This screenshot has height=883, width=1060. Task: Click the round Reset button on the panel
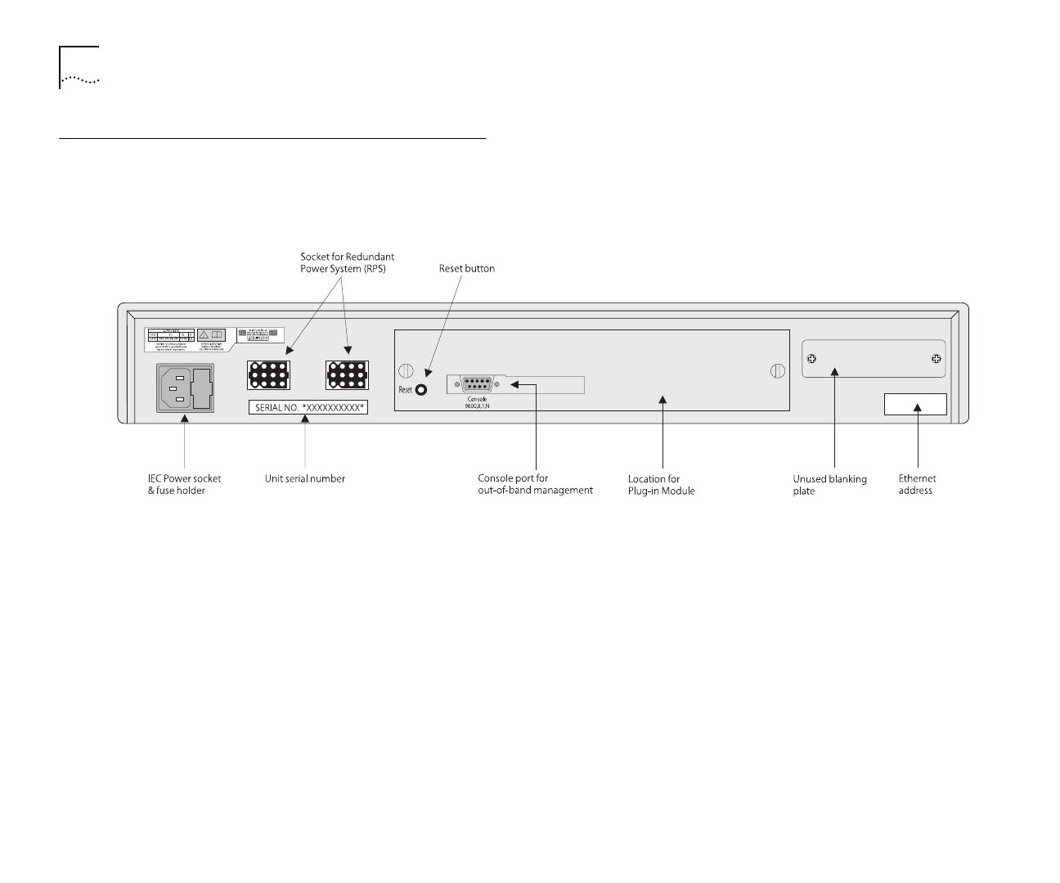click(422, 390)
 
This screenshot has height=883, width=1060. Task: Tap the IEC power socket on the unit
click(185, 388)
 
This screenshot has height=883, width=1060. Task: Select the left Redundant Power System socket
click(267, 374)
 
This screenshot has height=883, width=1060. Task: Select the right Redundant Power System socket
click(347, 374)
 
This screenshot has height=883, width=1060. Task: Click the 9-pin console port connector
click(476, 383)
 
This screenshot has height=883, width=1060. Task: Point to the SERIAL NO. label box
click(308, 406)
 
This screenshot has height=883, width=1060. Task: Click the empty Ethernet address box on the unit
click(915, 404)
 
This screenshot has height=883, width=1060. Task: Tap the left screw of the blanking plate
click(813, 359)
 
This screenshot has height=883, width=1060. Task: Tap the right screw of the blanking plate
click(936, 359)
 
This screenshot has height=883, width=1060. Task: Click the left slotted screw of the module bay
click(405, 371)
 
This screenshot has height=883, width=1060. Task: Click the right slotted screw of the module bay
click(778, 371)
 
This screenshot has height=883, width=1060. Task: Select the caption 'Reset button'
click(467, 268)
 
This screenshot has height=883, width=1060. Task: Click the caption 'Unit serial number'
click(305, 478)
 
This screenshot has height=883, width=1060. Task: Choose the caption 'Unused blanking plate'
click(829, 485)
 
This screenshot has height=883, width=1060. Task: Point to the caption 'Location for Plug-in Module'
click(661, 485)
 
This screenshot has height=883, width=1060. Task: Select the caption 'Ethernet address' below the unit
click(917, 484)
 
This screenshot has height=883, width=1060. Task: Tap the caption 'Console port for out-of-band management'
click(535, 484)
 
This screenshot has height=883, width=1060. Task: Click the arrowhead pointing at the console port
click(514, 383)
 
